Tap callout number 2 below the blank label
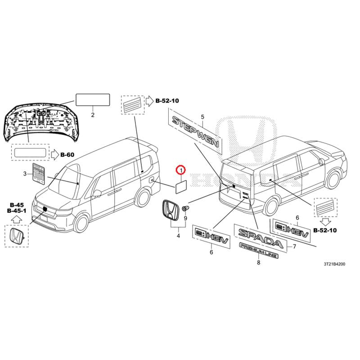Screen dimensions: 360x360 tap(93, 115)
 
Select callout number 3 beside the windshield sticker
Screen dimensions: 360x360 tap(25, 174)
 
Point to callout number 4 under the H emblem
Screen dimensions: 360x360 tap(178, 235)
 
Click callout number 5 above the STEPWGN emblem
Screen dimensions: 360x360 tap(202, 117)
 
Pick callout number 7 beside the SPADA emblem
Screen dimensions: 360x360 tap(294, 246)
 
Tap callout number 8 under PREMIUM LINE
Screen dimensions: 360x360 tap(258, 262)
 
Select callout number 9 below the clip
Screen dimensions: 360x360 tap(185, 218)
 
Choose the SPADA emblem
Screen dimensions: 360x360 tap(261, 238)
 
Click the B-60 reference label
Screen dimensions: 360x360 tap(67, 155)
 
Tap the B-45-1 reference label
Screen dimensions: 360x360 tap(17, 211)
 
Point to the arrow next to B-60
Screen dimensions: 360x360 tap(55, 155)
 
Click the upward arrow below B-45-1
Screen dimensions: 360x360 tap(16, 220)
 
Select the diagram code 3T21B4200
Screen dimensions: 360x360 tap(334, 264)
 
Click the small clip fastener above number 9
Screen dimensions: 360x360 tap(185, 209)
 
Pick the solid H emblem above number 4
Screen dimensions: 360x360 tap(170, 210)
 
